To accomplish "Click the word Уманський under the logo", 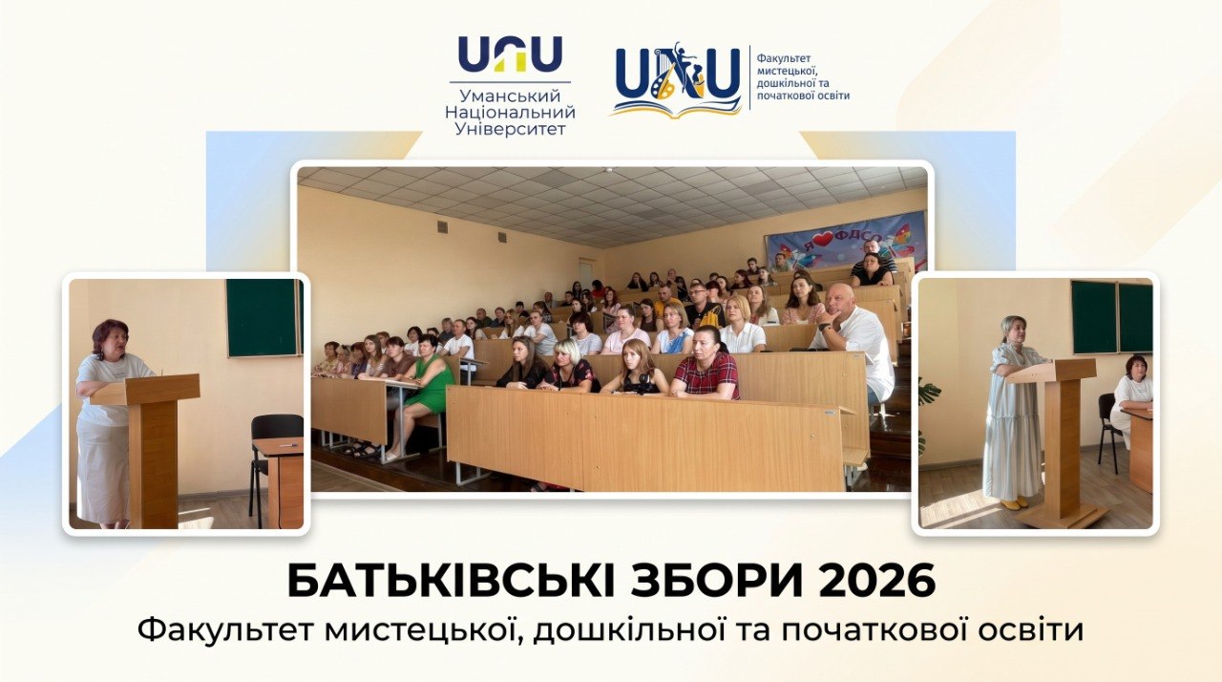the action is (x=510, y=96).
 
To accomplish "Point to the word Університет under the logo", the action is (x=510, y=129).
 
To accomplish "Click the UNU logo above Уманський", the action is (x=510, y=53).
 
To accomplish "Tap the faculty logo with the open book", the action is (x=677, y=79).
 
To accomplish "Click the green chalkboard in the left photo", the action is (x=264, y=317).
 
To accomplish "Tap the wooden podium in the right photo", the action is (x=1056, y=442).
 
